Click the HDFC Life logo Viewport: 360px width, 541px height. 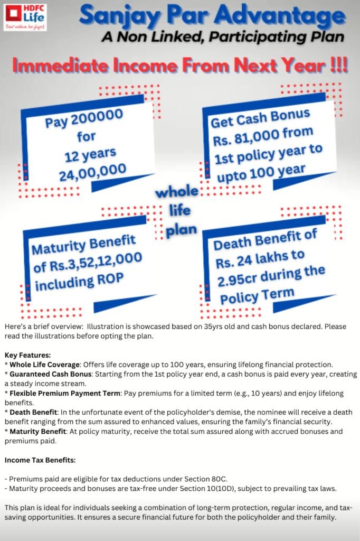pyautogui.click(x=25, y=17)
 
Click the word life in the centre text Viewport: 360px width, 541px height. pyautogui.click(x=176, y=211)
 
